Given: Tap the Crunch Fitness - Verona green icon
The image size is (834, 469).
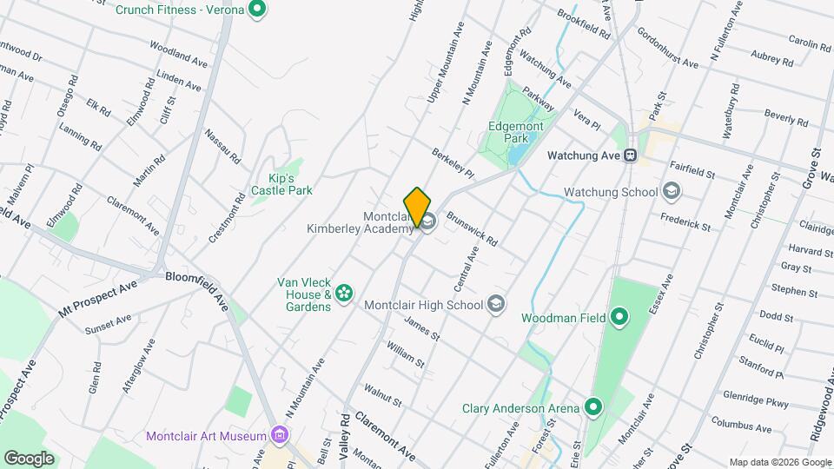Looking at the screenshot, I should coord(256,10).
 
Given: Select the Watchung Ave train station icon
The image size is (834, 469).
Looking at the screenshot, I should coord(632,155).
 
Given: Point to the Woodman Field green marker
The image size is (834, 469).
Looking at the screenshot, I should coord(619,318).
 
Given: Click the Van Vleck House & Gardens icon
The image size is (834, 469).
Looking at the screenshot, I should coord(344,294).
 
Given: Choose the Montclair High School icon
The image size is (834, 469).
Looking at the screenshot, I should coord(496,303).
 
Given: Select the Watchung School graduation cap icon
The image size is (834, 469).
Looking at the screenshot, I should coord(671,190).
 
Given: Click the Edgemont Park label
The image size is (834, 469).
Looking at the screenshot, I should coord(515,132).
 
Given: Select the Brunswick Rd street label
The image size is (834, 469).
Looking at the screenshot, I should coord(472,228).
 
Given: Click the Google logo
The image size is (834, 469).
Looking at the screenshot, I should coord(30,458).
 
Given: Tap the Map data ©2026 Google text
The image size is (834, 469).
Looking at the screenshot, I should coord(778,462).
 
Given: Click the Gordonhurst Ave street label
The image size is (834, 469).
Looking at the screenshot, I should coord(667,52).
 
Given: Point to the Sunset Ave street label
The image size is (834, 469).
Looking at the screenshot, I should coord(108,325).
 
